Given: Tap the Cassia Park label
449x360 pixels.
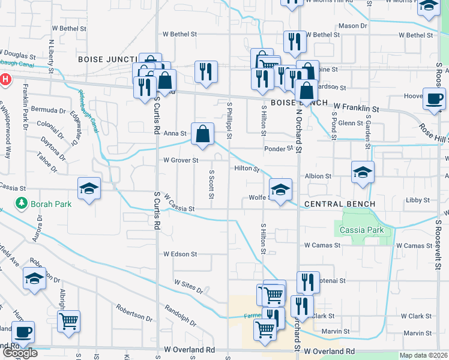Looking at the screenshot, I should pyautogui.click(x=361, y=230).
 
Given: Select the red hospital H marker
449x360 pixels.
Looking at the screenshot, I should pyautogui.click(x=5, y=79).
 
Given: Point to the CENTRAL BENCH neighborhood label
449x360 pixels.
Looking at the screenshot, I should pyautogui.click(x=339, y=204).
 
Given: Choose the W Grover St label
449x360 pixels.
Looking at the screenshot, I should pyautogui.click(x=181, y=160).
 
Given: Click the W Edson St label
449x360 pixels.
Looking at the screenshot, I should pyautogui.click(x=180, y=254).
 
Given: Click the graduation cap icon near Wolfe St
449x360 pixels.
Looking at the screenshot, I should pyautogui.click(x=280, y=190).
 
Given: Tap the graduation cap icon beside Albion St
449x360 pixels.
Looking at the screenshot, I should pyautogui.click(x=363, y=172).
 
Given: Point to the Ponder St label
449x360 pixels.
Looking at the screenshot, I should pyautogui.click(x=277, y=148).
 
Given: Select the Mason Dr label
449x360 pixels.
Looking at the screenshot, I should pyautogui.click(x=352, y=26).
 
